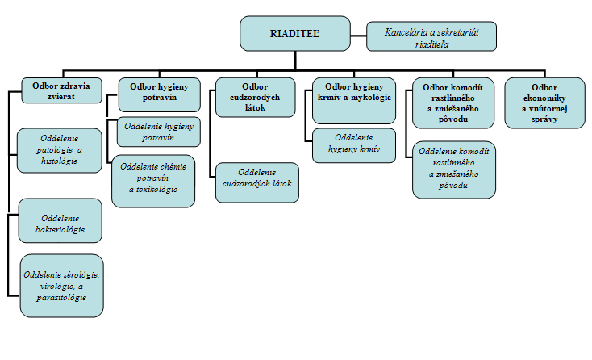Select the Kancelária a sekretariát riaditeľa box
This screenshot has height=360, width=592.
[431, 36]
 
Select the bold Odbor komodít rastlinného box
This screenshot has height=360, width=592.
[452, 103]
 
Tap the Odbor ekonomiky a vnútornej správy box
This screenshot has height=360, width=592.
[544, 102]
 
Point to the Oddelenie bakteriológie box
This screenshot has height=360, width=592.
[60, 220]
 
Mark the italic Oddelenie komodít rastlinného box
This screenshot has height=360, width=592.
[454, 170]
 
